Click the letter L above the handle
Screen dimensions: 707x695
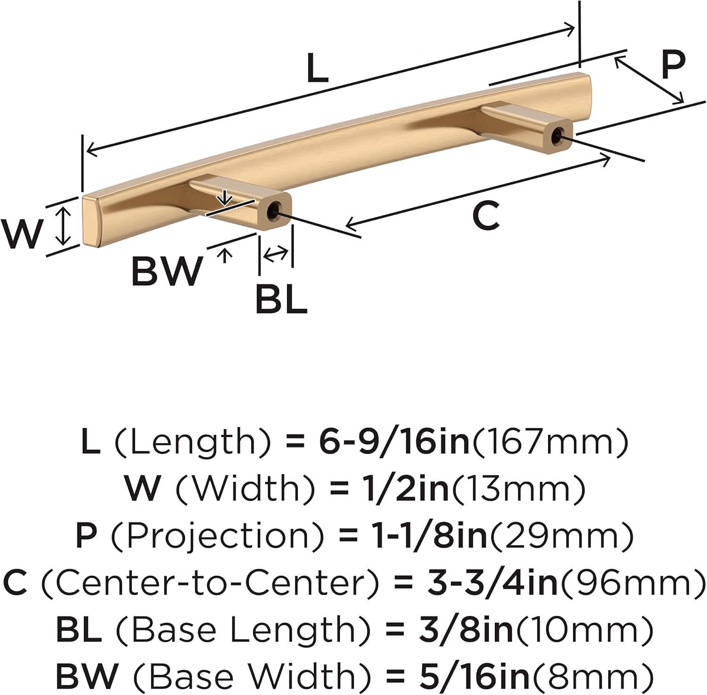tap(317, 69)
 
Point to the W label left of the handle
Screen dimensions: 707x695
tap(21, 234)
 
